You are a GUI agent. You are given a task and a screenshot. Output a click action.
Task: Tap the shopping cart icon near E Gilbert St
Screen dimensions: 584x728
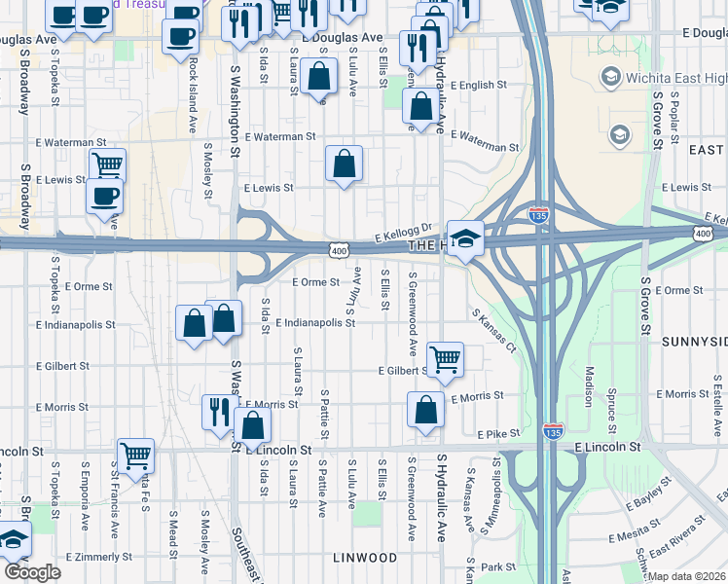[x=445, y=359]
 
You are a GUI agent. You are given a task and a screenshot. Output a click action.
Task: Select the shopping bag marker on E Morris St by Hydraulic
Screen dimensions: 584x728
[x=425, y=410]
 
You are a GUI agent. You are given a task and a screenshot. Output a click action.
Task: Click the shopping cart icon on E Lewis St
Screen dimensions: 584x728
[x=107, y=164]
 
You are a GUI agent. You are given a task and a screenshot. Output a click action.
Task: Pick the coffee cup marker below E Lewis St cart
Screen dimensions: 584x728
[x=105, y=195]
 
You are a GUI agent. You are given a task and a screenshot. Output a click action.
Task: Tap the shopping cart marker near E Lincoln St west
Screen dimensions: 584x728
[x=135, y=454]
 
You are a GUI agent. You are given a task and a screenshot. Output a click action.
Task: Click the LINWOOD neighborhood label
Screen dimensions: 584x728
[x=365, y=558]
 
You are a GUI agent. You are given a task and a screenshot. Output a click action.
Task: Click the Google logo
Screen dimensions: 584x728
[x=32, y=572]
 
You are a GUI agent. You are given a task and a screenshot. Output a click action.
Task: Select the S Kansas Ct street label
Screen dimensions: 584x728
[x=492, y=331]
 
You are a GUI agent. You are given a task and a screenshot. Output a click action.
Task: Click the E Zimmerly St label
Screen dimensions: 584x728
[x=97, y=557]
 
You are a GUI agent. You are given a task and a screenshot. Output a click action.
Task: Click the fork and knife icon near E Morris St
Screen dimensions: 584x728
[x=216, y=411]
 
